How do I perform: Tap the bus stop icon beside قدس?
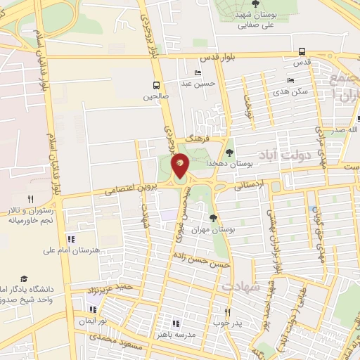pyautogui.click(x=302, y=51)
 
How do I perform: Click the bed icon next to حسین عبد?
pyautogui.click(x=197, y=72)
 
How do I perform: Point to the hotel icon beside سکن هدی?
pyautogui.click(x=290, y=81)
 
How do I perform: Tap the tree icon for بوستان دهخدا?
pyautogui.click(x=230, y=151)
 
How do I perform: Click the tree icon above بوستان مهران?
pyautogui.click(x=213, y=218)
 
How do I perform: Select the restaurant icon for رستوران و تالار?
pyautogui.click(x=30, y=199)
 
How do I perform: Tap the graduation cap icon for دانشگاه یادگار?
pyautogui.click(x=24, y=278)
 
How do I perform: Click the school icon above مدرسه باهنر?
pyautogui.click(x=176, y=323)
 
